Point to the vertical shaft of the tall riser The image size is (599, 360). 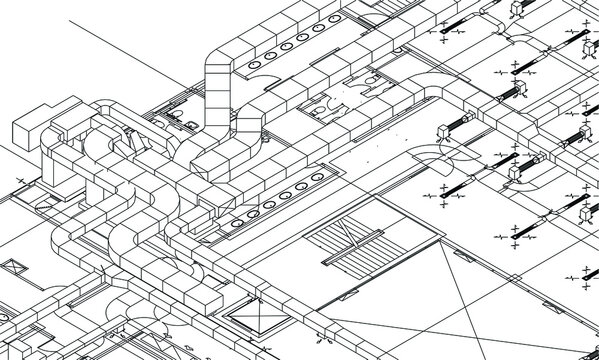pyautogui.click(x=216, y=110)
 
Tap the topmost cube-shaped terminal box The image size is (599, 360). pyautogui.click(x=518, y=8)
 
